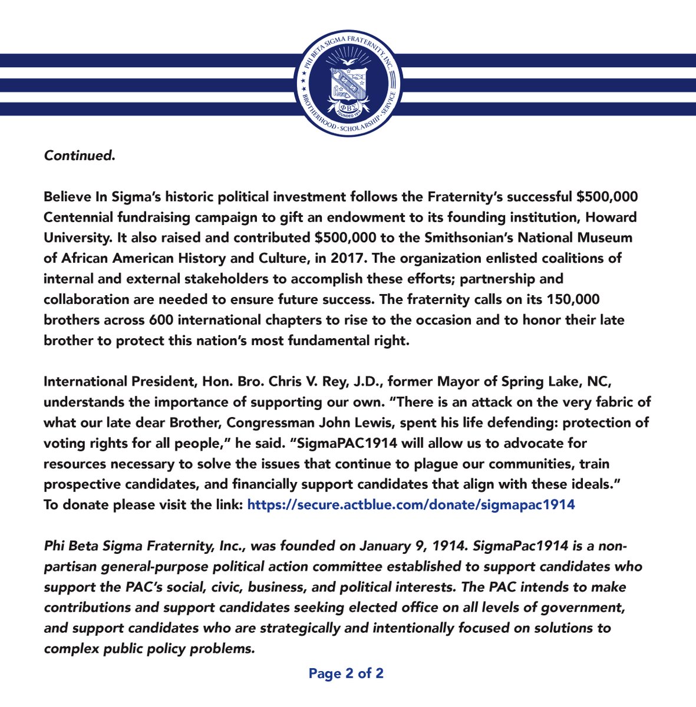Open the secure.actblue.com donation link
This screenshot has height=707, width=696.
[411, 504]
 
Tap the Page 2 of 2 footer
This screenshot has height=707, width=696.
[346, 673]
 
